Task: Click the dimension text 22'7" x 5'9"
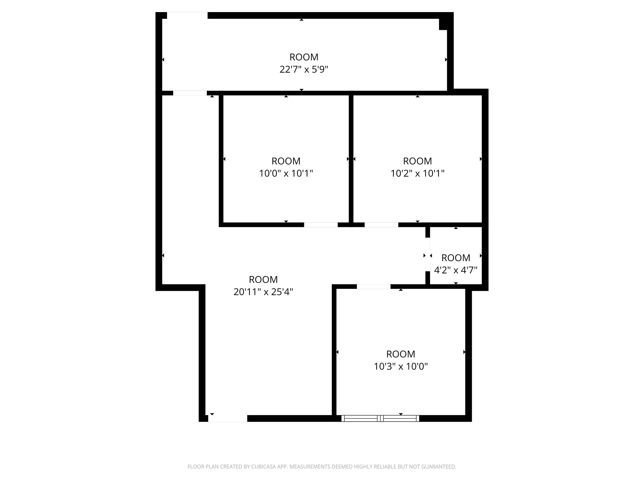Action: [x=304, y=69]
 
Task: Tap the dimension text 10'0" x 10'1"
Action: [x=286, y=173]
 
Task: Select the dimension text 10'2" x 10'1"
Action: [x=417, y=173]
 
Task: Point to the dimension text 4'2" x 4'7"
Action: [x=456, y=270]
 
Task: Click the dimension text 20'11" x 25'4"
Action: [x=263, y=292]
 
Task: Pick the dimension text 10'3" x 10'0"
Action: [x=401, y=366]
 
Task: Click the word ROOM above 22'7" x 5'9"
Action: [x=304, y=57]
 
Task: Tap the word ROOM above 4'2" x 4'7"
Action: [x=456, y=258]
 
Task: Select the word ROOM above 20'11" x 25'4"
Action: [x=263, y=279]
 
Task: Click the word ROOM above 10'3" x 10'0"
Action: [x=401, y=354]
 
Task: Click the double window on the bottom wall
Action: [x=380, y=418]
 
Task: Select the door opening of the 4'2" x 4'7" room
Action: [x=428, y=255]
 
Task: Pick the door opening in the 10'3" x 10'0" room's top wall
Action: [x=374, y=287]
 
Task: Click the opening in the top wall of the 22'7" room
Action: [x=187, y=15]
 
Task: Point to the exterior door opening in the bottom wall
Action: [x=228, y=418]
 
